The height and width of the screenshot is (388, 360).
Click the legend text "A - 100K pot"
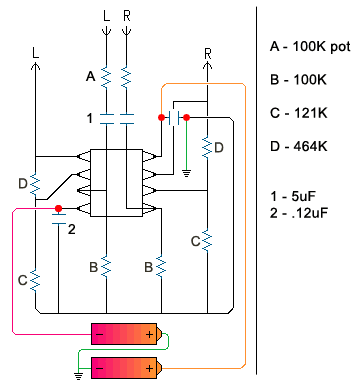[x=310, y=47]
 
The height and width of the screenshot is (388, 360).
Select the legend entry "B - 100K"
[x=298, y=80]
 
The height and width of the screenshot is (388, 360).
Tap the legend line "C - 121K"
[x=299, y=113]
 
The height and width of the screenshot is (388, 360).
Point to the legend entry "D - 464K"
[x=299, y=146]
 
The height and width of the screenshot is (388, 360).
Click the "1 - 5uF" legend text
[x=293, y=196]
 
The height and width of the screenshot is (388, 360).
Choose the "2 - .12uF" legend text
[x=299, y=213]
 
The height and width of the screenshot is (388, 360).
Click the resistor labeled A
[x=106, y=78]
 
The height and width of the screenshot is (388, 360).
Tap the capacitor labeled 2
[x=59, y=219]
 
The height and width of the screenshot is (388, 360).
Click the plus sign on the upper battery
[x=149, y=334]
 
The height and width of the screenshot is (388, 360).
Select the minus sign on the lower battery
[x=100, y=368]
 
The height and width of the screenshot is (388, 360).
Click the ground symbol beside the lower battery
[x=78, y=376]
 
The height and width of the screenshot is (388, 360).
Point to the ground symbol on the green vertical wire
[x=186, y=173]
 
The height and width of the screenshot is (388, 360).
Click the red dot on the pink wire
[x=59, y=209]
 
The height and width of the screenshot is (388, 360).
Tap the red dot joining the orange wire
[x=161, y=117]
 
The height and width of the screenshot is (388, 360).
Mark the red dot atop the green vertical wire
[x=186, y=117]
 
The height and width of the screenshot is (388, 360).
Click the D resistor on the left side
[x=35, y=185]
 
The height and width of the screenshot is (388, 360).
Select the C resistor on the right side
[x=207, y=240]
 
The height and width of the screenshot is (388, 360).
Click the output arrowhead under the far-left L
[x=35, y=66]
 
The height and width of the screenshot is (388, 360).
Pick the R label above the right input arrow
[x=127, y=16]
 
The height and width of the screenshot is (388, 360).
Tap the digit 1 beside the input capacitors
[x=89, y=118]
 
